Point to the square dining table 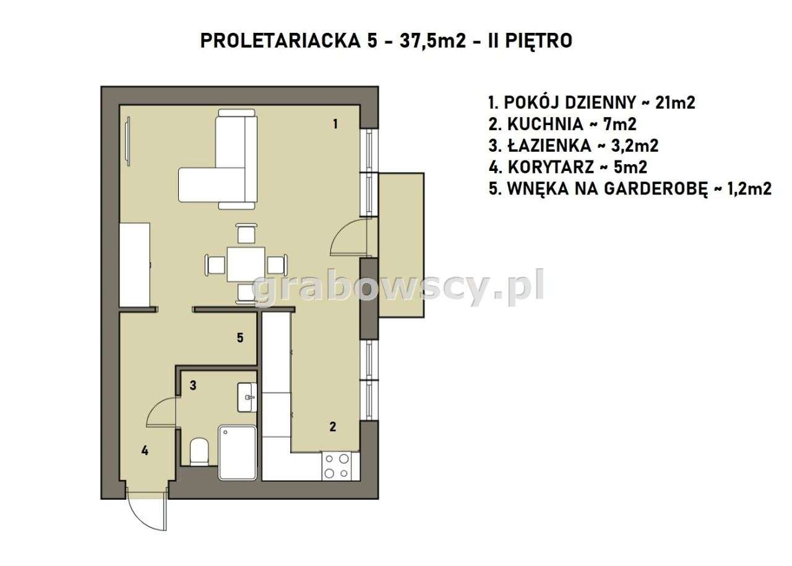tap(246, 265)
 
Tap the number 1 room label tap(335, 123)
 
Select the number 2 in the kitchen tap(332, 426)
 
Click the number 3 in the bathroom tap(193, 385)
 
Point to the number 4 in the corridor tap(145, 450)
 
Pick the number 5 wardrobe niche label tap(240, 337)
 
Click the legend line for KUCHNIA tap(562, 124)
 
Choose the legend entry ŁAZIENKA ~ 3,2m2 tap(572, 146)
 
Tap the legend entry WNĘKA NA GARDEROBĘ tap(629, 189)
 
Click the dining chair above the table tap(246, 234)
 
